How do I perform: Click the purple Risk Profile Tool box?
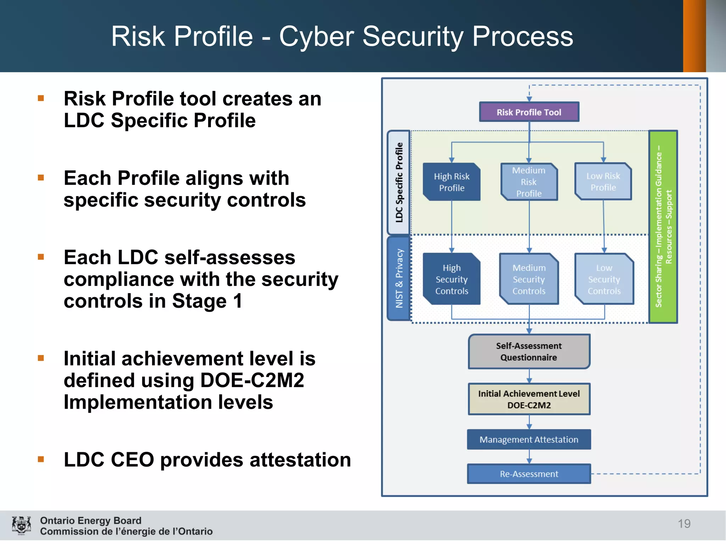529,112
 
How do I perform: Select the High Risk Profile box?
452,182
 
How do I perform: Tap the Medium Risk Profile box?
529,182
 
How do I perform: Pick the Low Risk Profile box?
603,182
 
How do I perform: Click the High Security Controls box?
452,279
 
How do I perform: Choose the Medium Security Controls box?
529,279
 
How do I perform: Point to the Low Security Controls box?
604,279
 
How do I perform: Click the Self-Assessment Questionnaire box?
529,351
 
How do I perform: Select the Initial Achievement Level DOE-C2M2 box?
529,399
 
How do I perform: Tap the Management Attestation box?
529,440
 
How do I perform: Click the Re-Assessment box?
529,474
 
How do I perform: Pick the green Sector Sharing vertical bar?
663,227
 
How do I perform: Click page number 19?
684,523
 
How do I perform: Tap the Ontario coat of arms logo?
21,525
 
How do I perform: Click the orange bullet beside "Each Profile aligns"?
41,177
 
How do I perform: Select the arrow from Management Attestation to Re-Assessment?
529,457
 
